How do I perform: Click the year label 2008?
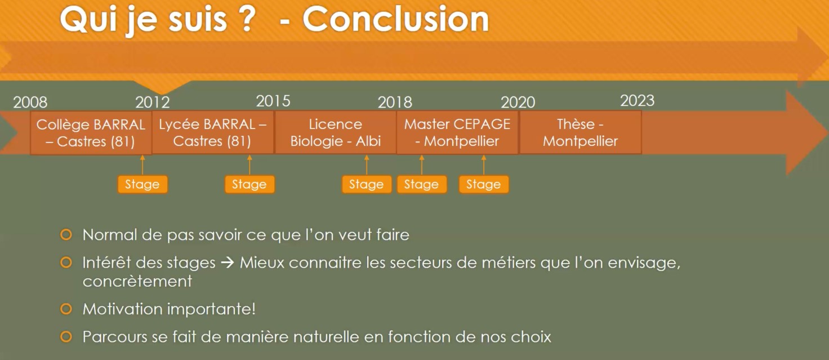30,102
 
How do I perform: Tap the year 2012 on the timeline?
153,102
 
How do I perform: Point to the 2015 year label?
273,101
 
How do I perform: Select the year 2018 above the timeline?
395,102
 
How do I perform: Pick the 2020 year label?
518,102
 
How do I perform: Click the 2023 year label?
638,101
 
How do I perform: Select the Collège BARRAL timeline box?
91,132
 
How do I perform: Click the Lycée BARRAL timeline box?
213,132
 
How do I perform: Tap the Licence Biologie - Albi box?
335,132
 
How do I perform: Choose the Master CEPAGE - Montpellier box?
457,132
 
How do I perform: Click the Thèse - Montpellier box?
580,132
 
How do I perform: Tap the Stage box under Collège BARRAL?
142,184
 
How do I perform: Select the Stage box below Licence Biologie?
367,184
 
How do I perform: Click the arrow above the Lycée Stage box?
249,165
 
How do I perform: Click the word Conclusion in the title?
396,19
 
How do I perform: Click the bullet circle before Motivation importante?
66,309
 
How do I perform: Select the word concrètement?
137,282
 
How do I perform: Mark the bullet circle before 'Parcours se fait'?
66,337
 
